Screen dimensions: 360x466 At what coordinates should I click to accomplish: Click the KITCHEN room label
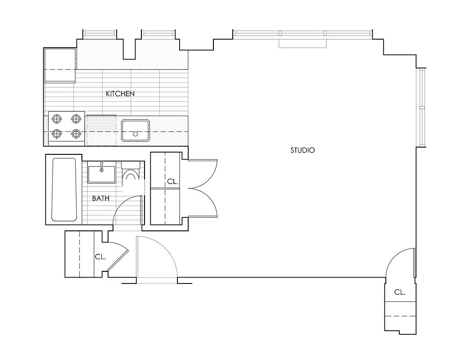coord(120,94)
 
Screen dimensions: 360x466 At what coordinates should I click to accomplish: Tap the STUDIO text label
coord(303,150)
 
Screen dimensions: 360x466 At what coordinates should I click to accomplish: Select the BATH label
coord(101,198)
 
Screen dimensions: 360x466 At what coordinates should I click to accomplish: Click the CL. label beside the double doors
coord(173,182)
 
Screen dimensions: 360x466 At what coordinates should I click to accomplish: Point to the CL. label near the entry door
coord(100,257)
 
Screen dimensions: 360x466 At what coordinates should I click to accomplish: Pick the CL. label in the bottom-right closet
coord(399,292)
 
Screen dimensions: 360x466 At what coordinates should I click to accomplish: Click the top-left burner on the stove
coord(57,119)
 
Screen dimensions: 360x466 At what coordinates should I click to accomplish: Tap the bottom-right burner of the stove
coord(76,134)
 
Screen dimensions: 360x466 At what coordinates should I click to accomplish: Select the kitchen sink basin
coord(135,130)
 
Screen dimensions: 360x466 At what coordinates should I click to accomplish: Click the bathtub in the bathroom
coord(64,189)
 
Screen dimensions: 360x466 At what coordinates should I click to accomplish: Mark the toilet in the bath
coord(131,173)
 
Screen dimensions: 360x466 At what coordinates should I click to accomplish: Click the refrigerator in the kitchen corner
coord(59,66)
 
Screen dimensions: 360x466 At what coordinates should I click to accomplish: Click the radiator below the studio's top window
coord(302,43)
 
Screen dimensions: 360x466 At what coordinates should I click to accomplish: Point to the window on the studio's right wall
coord(422,108)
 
